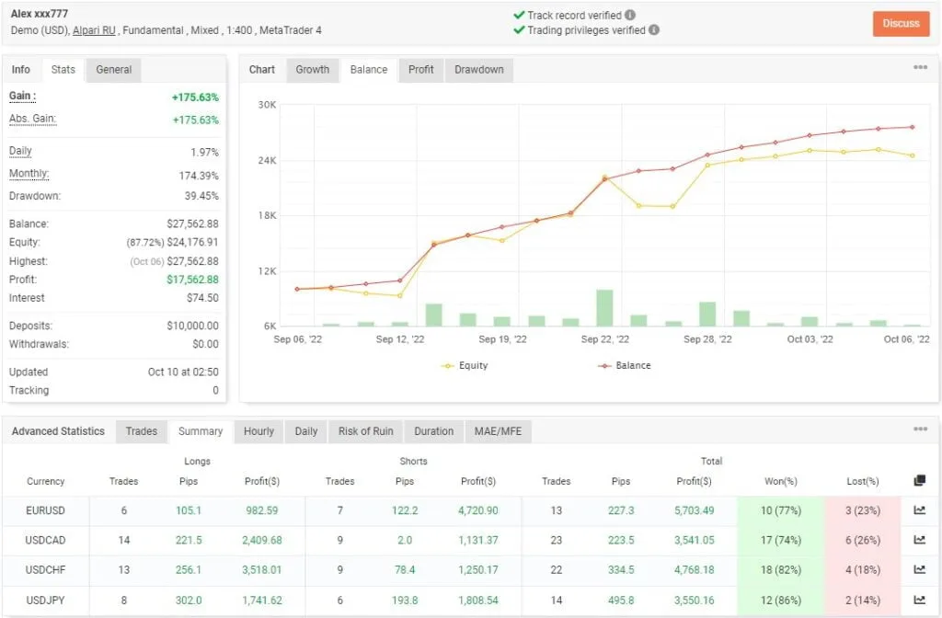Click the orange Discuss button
click(x=901, y=23)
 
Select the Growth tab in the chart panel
click(x=312, y=70)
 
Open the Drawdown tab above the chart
click(x=478, y=70)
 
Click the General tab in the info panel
click(x=114, y=70)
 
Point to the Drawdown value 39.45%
click(x=201, y=196)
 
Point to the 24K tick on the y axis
click(x=267, y=161)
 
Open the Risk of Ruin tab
click(x=365, y=431)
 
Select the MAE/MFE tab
click(x=497, y=431)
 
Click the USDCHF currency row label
click(x=46, y=569)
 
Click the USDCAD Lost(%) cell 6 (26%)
click(x=862, y=540)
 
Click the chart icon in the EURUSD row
click(x=919, y=510)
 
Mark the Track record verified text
click(x=574, y=16)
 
